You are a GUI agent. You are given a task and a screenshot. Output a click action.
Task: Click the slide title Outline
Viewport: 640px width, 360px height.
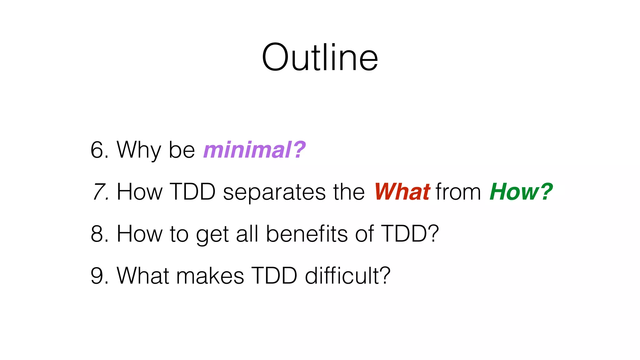[x=320, y=58]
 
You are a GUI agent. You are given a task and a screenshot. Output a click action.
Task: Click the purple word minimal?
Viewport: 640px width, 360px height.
[x=254, y=150]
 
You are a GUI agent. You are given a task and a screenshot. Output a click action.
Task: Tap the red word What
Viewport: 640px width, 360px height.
[x=402, y=192]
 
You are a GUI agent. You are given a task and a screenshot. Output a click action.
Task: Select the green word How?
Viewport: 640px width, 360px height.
[x=521, y=192]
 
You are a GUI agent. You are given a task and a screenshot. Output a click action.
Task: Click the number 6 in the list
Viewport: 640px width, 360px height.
[x=97, y=150]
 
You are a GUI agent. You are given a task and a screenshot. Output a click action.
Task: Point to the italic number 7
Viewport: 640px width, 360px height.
[x=99, y=192]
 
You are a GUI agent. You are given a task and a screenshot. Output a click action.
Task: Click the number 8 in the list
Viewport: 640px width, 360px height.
[x=97, y=234]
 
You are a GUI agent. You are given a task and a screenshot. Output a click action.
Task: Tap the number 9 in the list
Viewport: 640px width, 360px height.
[x=97, y=276]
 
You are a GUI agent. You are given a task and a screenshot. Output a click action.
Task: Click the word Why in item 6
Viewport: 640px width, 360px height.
[x=139, y=150]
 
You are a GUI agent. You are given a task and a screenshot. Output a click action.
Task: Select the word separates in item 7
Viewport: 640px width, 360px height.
[x=273, y=192]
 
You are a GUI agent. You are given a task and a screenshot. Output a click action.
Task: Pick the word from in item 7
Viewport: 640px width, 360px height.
[x=458, y=192]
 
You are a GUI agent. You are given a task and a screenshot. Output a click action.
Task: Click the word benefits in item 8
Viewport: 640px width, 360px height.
[x=307, y=234]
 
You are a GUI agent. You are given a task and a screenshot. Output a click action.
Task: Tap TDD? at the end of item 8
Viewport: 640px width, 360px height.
[x=410, y=234]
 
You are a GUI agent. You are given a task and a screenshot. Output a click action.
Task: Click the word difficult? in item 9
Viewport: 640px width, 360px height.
[x=347, y=276]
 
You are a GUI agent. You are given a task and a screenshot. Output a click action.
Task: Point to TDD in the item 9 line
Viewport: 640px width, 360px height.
[x=274, y=276]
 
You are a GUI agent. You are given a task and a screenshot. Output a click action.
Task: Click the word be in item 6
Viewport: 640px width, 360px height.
[x=182, y=150]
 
